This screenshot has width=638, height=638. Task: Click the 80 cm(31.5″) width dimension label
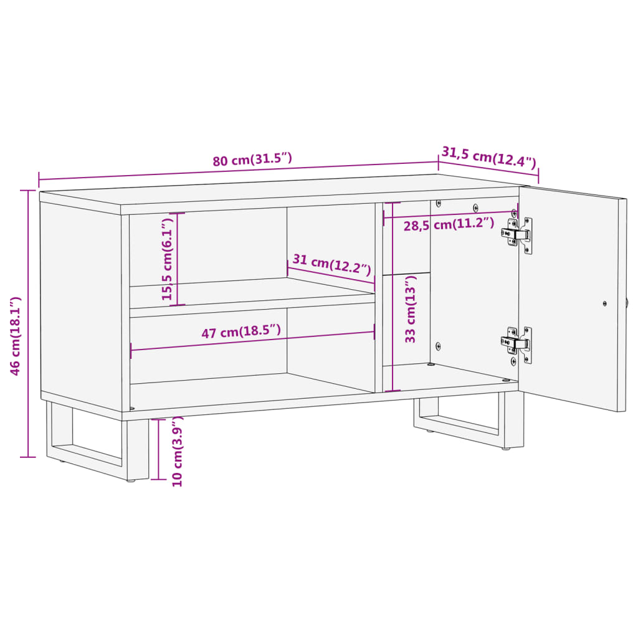coord(252,159)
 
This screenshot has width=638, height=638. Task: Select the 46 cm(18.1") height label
coord(16,336)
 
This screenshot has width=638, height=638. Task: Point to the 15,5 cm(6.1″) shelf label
coord(167,259)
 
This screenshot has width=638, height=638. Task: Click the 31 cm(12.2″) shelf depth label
coord(331,266)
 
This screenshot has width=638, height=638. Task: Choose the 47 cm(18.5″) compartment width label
coord(240,331)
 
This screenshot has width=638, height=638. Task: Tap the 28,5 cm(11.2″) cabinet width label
coord(449,224)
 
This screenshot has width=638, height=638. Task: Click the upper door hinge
coord(517,235)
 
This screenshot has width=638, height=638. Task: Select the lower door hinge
coord(517,343)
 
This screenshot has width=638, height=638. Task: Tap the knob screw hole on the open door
coord(604,303)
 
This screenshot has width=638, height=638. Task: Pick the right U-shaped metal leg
coord(467,424)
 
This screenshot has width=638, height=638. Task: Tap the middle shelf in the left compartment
coord(249,292)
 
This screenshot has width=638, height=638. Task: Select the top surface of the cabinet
coord(280,190)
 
